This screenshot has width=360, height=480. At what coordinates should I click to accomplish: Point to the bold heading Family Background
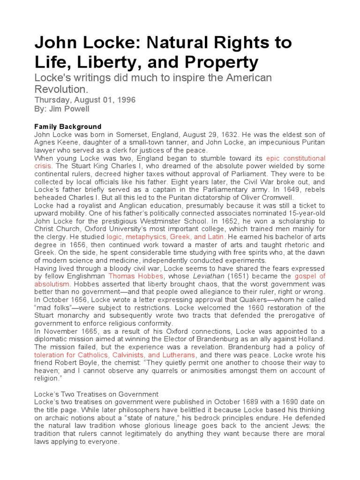[x=67, y=127]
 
